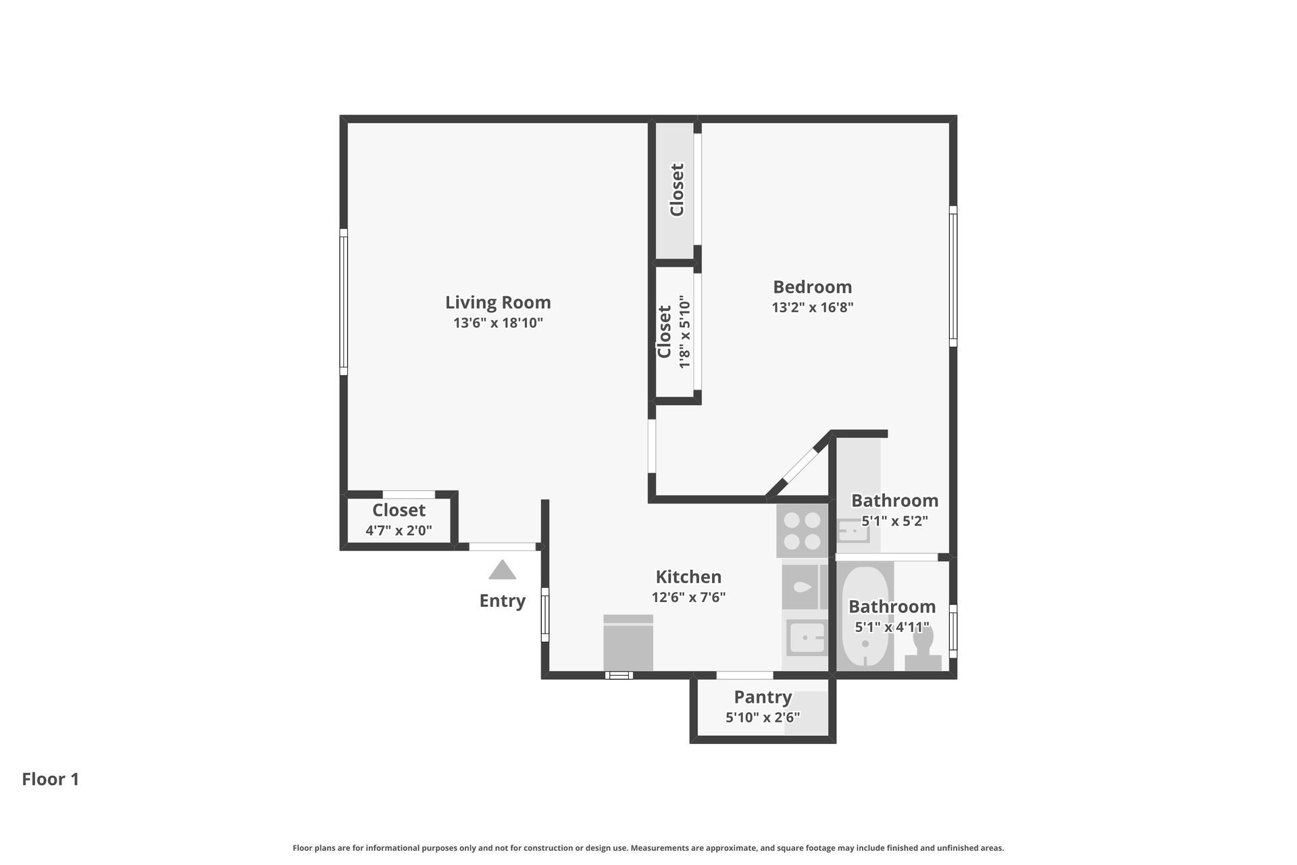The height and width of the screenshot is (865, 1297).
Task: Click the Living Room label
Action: click(x=498, y=302)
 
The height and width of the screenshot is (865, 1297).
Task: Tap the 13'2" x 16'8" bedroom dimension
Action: click(x=813, y=307)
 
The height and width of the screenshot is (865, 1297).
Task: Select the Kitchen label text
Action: click(x=688, y=576)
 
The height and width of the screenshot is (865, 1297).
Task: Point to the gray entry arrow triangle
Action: click(x=502, y=570)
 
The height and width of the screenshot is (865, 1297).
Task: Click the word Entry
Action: click(x=502, y=601)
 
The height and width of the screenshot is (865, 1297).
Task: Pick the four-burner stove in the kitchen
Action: click(x=803, y=530)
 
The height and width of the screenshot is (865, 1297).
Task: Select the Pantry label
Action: click(x=763, y=697)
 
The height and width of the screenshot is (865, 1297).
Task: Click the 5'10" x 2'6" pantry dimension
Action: click(x=763, y=717)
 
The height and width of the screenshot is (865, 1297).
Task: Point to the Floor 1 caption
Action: click(x=51, y=779)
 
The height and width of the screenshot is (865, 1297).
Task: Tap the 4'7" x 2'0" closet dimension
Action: click(x=399, y=530)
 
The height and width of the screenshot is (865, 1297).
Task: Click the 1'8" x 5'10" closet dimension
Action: click(x=684, y=332)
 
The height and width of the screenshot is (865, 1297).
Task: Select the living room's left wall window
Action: click(x=343, y=301)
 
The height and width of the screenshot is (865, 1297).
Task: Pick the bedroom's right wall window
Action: click(x=953, y=276)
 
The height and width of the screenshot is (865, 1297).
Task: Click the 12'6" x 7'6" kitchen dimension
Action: click(x=688, y=597)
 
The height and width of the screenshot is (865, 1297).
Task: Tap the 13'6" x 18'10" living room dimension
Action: click(x=498, y=323)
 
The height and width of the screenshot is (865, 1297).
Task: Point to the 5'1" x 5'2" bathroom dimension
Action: click(x=894, y=521)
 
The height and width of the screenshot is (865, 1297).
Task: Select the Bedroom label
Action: click(x=813, y=287)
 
